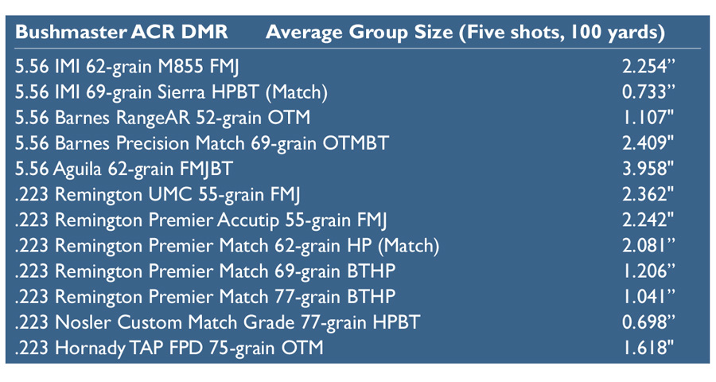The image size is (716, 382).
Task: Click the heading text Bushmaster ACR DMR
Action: coord(122,32)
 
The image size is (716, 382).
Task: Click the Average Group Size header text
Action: coord(360,33)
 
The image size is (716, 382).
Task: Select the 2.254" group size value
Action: coord(648,67)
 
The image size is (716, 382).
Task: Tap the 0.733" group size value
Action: coord(648,92)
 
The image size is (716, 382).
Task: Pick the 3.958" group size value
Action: coord(648,169)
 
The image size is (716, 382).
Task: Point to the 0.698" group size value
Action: coord(648,322)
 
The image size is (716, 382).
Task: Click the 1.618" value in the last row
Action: coord(648,349)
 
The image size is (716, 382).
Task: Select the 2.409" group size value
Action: coord(648,143)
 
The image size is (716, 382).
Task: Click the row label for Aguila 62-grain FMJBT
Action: coord(124,170)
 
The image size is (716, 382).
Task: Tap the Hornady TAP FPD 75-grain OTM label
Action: coord(169,349)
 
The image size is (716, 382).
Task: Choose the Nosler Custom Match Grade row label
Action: coord(217,323)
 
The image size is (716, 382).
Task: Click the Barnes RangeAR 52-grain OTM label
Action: coord(162,119)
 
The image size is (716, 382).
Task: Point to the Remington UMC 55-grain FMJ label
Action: coord(158,195)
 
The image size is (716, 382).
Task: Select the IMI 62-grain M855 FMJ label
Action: coord(127,67)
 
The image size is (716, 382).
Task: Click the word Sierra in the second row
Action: coord(181,92)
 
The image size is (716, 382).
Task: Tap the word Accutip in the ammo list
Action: coord(248,220)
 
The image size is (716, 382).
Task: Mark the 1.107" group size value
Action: coord(648,118)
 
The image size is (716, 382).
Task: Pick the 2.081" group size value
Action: coord(648,246)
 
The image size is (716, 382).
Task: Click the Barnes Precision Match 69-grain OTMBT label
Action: coord(202,144)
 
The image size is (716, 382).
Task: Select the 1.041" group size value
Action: coord(648,297)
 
